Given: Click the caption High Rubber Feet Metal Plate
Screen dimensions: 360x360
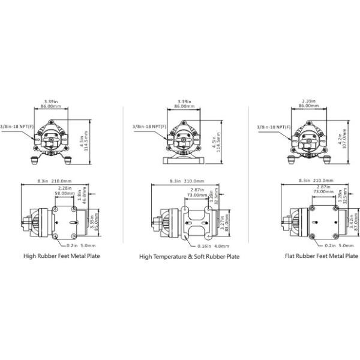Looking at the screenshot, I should pos(61,256).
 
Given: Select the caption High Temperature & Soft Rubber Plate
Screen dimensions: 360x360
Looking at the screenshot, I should pos(189,256).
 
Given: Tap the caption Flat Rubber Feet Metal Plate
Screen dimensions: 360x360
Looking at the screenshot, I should pos(321,256).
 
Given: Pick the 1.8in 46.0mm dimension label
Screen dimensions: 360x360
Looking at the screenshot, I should pos(82,199).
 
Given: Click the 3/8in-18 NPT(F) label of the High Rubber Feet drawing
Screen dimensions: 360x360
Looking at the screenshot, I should pos(16,127).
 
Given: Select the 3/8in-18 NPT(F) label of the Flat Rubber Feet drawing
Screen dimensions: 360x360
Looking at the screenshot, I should pos(271,127).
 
